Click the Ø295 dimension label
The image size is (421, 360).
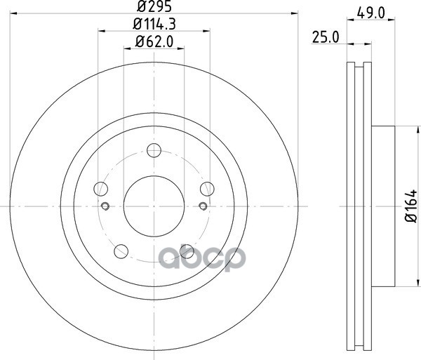click(x=154, y=6)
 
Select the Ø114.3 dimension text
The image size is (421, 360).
click(x=154, y=25)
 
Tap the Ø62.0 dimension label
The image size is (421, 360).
click(x=154, y=41)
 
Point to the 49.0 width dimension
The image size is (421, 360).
click(x=371, y=13)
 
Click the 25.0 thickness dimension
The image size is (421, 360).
click(x=326, y=37)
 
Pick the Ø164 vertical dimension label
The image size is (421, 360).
click(x=411, y=206)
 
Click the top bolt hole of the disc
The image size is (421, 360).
click(x=154, y=150)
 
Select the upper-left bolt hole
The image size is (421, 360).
click(x=100, y=189)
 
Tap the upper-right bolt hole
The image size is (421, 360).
click(x=207, y=189)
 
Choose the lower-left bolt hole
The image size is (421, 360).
click(x=121, y=251)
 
